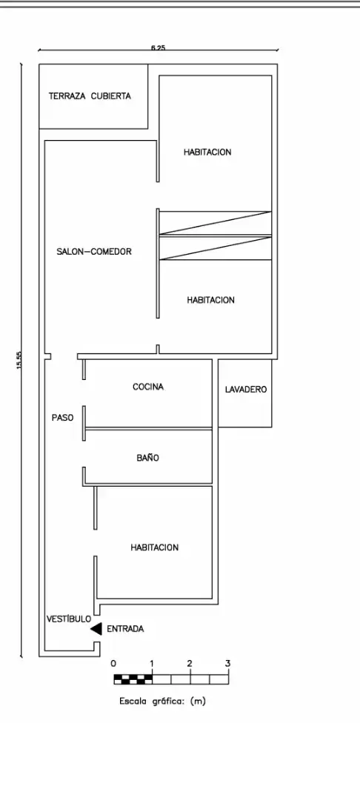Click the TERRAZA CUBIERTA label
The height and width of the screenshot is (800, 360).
90,96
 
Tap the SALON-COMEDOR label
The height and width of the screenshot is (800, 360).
94,252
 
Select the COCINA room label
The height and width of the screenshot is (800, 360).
148,387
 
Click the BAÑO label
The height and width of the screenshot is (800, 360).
148,458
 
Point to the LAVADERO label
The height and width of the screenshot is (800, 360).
246,390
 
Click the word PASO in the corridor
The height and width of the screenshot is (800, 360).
63,417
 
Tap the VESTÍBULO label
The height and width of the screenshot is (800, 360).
69,619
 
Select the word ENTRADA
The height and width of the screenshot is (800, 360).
125,629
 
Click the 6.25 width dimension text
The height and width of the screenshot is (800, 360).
158,47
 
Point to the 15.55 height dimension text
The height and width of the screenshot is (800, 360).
19,360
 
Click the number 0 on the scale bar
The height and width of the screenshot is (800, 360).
113,664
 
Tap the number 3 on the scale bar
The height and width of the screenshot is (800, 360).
227,664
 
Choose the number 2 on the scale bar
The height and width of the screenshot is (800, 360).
190,664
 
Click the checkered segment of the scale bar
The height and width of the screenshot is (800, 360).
133,679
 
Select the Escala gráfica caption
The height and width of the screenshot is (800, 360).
162,701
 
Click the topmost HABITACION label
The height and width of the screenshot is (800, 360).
207,152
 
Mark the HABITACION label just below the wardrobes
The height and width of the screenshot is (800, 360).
210,300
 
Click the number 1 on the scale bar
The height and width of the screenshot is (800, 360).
151,664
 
